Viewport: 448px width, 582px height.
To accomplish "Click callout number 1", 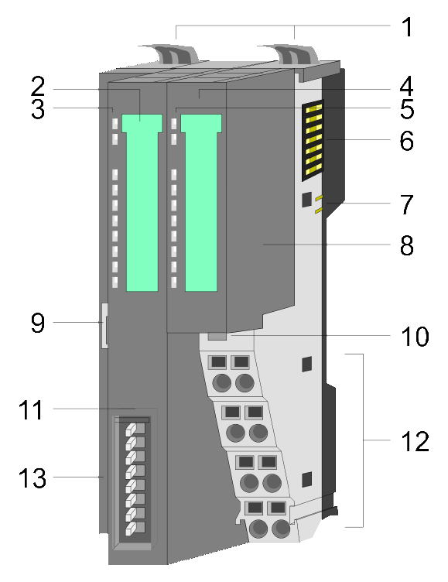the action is pyautogui.click(x=407, y=27).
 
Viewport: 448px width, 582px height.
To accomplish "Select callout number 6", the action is pyautogui.click(x=407, y=141).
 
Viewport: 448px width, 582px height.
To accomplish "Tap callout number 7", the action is pyautogui.click(x=407, y=204).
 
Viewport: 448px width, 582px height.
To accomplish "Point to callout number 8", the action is pyautogui.click(x=407, y=245).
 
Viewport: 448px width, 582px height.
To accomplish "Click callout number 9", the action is pyautogui.click(x=38, y=323).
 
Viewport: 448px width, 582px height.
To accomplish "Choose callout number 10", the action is pyautogui.click(x=415, y=337).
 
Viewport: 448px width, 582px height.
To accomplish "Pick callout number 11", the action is pyautogui.click(x=31, y=409).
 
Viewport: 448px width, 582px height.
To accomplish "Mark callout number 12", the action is pyautogui.click(x=415, y=441).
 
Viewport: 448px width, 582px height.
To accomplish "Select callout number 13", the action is pyautogui.click(x=32, y=478).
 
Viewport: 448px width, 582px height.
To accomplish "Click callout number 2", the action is pyautogui.click(x=38, y=86).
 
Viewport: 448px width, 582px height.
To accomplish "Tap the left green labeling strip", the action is pyautogui.click(x=142, y=202).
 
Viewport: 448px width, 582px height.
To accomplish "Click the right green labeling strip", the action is pyautogui.click(x=201, y=202).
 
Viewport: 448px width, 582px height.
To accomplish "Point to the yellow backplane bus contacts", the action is pyautogui.click(x=313, y=140).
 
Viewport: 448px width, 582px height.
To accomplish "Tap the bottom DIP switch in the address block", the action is pyautogui.click(x=135, y=529).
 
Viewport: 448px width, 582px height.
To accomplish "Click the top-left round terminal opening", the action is pyautogui.click(x=221, y=382).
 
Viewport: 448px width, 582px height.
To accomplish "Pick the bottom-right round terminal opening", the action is pyautogui.click(x=282, y=528).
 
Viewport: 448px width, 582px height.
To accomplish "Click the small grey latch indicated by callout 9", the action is pyautogui.click(x=104, y=326).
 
